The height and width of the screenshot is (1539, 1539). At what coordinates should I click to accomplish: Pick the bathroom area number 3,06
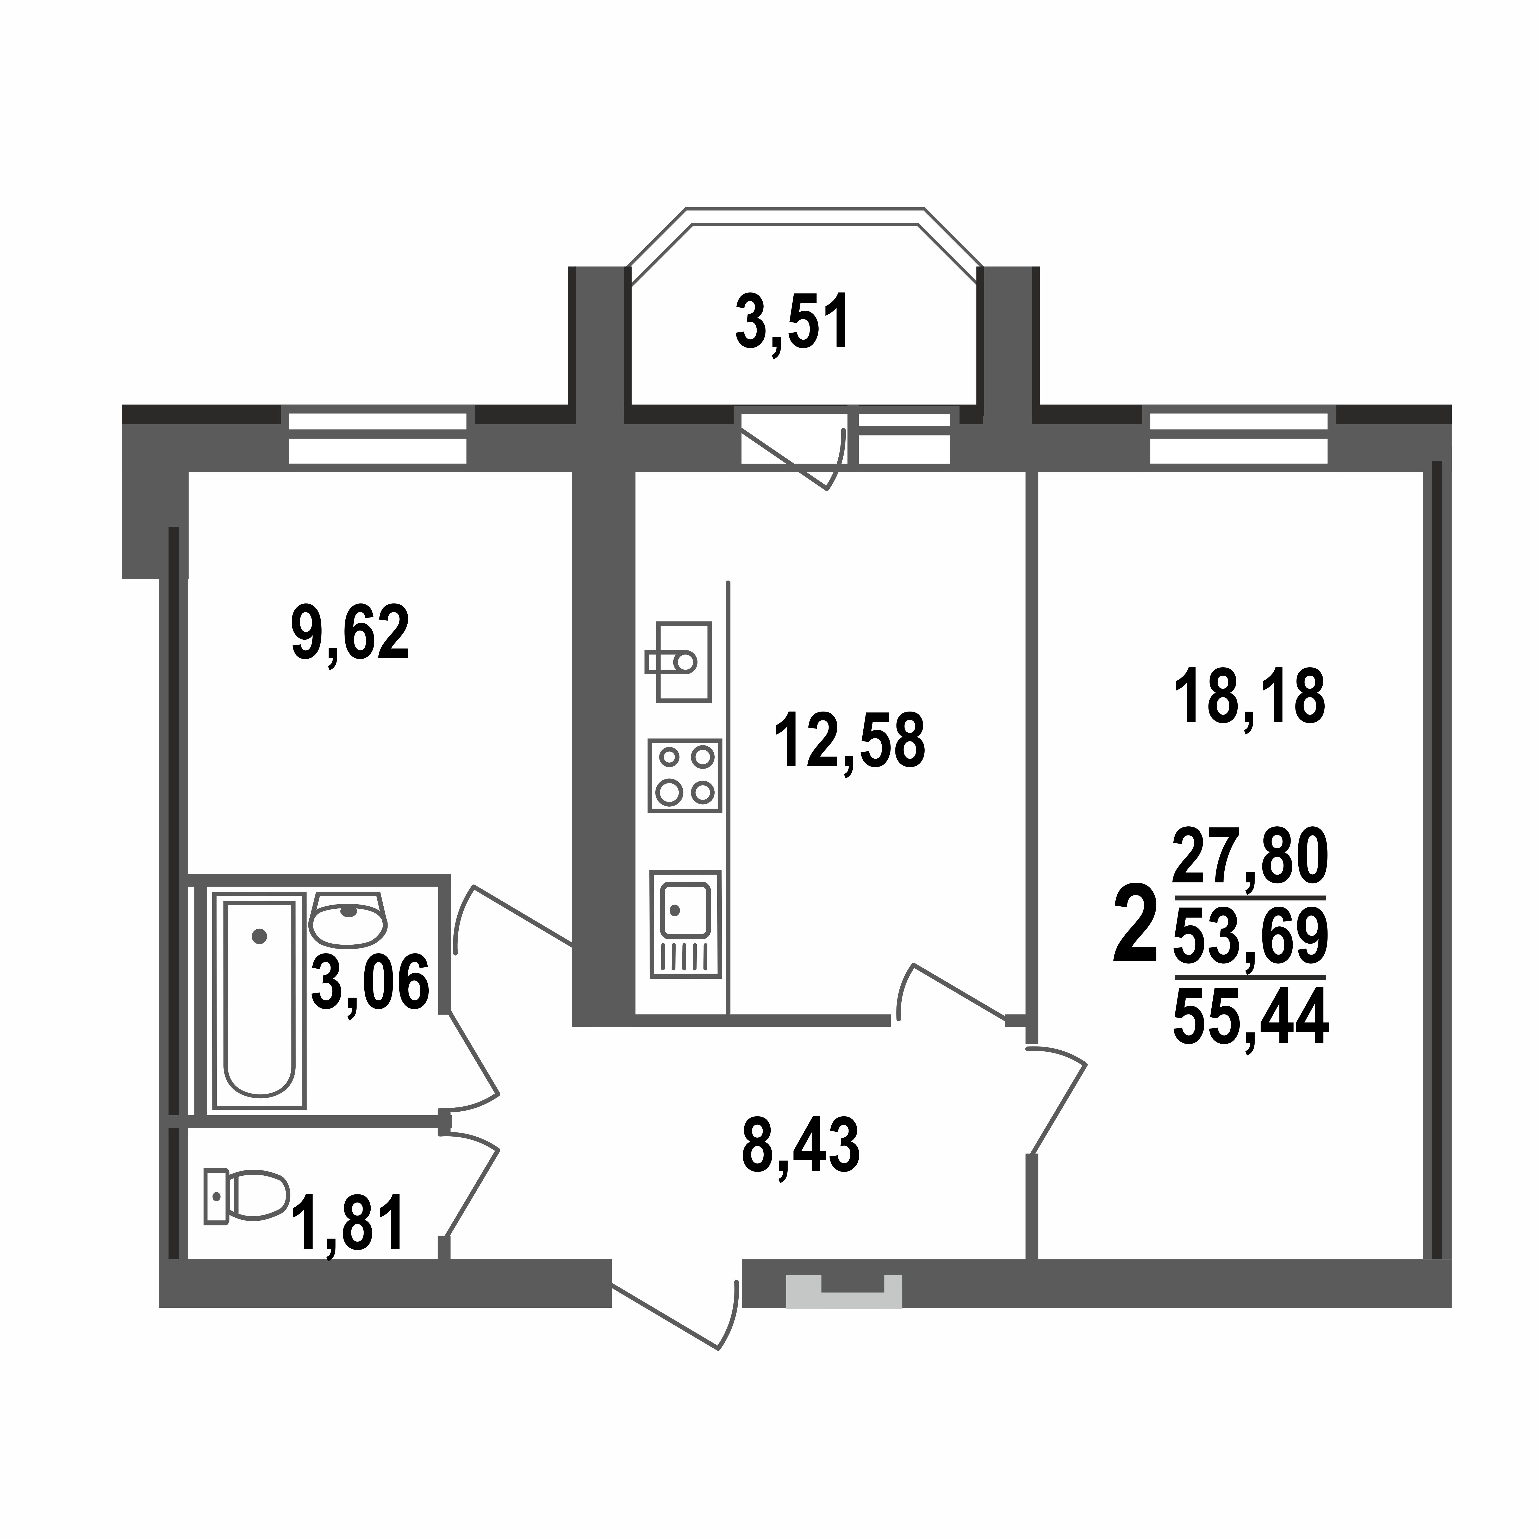(370, 984)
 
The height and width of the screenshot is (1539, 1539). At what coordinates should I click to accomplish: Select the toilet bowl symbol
(247, 1196)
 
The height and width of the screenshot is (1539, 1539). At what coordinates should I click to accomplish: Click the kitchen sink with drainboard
(685, 924)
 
